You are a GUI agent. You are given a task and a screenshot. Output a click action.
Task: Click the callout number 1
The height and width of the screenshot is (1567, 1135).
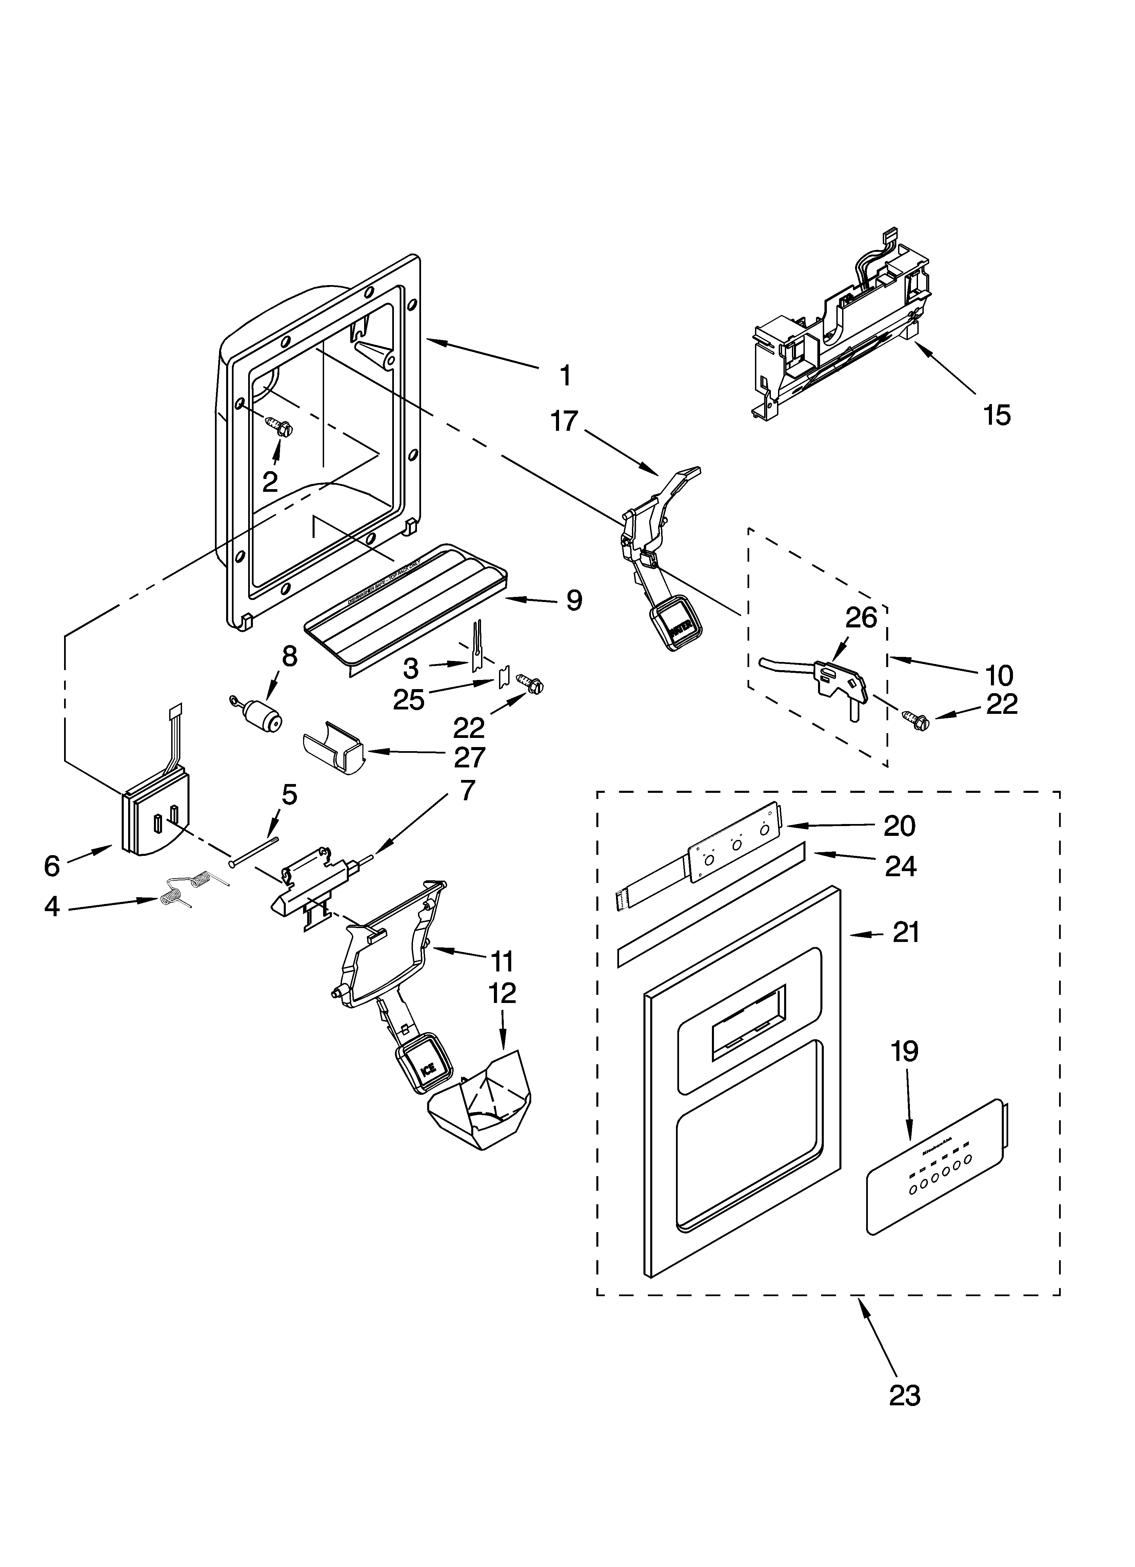(565, 376)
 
